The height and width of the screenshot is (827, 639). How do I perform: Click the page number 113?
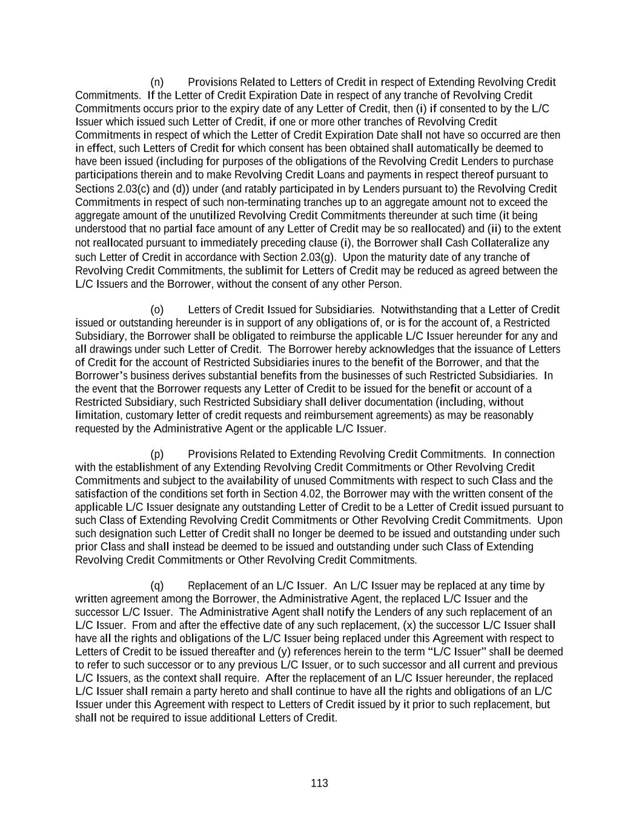tap(319, 783)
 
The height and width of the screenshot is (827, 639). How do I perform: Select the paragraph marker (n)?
tap(157, 82)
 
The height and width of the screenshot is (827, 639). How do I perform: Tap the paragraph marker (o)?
tap(157, 310)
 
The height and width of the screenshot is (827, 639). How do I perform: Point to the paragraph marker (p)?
tap(157, 454)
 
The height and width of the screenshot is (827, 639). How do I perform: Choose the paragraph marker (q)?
tap(157, 586)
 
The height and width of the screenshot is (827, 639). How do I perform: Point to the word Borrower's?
tap(99, 376)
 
